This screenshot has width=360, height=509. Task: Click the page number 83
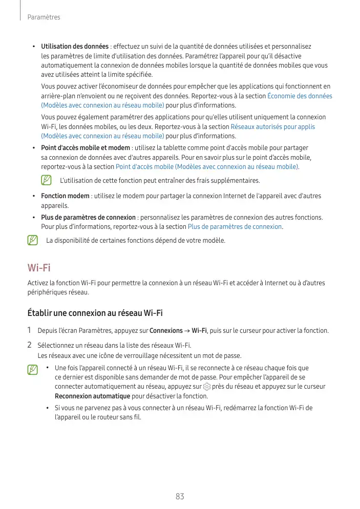tap(180, 496)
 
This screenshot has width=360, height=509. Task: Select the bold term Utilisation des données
tap(75, 47)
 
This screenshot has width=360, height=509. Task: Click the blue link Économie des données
tap(300, 96)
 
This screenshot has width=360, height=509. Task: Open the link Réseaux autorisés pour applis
tap(272, 126)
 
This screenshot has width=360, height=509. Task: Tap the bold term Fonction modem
tap(65, 196)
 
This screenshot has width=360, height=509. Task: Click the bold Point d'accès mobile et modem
tap(86, 149)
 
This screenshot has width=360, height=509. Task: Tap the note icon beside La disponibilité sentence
tap(33, 240)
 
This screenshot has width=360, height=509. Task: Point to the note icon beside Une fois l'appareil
tap(33, 370)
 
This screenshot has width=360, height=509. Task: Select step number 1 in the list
tap(30, 330)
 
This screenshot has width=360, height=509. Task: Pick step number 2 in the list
tap(30, 345)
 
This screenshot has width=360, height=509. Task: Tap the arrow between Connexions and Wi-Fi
tap(187, 331)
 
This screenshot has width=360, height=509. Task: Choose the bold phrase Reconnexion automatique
tap(92, 396)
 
